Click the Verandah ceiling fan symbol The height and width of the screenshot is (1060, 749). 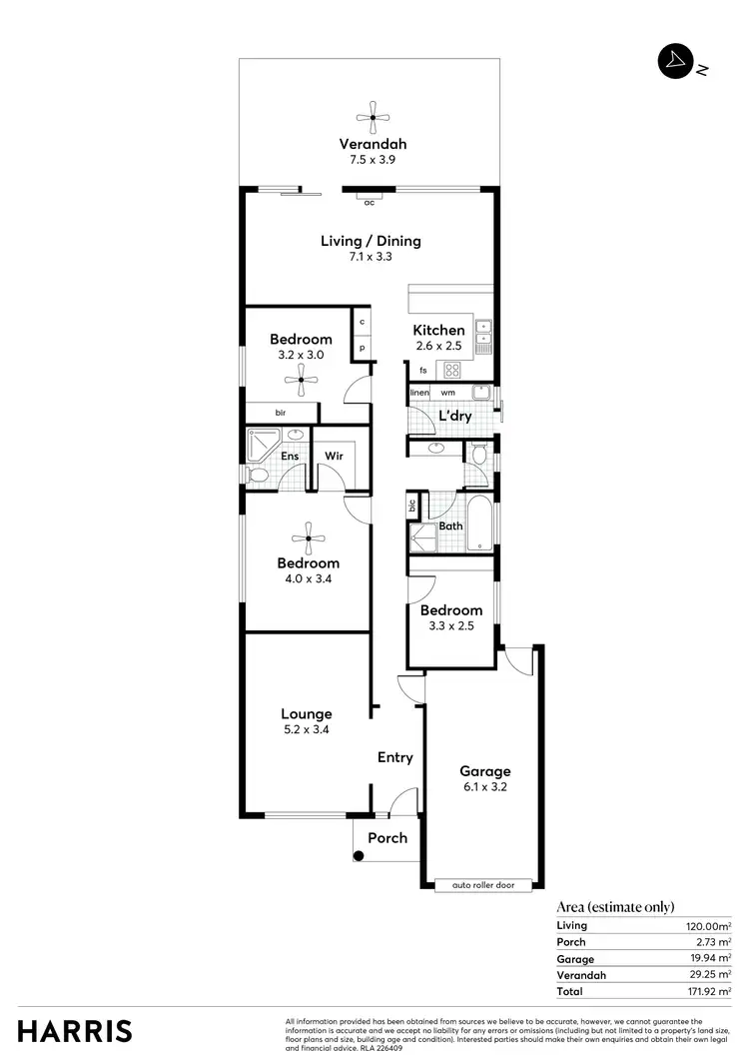[372, 117]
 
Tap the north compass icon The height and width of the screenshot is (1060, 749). [675, 61]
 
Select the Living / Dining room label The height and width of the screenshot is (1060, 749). [371, 241]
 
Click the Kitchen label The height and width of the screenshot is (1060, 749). [439, 330]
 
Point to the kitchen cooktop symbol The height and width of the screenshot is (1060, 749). [452, 370]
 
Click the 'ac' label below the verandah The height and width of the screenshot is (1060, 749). [369, 203]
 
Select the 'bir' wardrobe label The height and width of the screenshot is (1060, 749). [281, 412]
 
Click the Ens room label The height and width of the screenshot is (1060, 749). [290, 458]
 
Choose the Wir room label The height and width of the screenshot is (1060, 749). [334, 458]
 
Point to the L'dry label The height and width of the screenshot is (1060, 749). [454, 416]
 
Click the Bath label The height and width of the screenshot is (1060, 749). [450, 526]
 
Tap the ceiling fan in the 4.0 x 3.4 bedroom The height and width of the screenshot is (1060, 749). [309, 538]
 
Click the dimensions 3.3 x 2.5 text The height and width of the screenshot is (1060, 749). [451, 625]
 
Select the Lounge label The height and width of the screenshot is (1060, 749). [306, 713]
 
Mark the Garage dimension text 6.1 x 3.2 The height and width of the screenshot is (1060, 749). [484, 787]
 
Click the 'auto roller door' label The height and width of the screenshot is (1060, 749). [484, 885]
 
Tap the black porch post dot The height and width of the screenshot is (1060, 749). [359, 855]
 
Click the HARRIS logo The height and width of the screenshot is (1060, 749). [75, 1031]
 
